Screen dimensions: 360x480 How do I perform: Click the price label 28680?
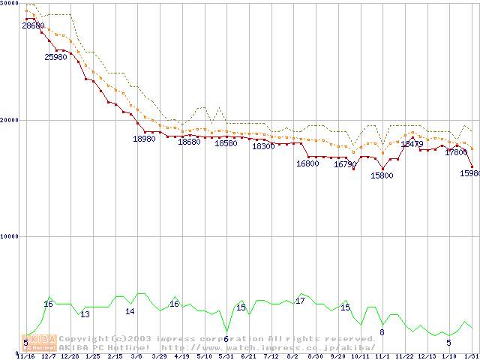click(33, 25)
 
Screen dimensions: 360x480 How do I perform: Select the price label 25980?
click(56, 57)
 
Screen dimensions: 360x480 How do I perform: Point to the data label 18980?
click(144, 139)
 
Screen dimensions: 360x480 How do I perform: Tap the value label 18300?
click(263, 147)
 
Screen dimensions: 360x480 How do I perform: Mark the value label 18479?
click(412, 144)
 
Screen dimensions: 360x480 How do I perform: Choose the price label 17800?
click(456, 152)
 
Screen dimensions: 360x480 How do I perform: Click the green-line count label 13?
click(85, 314)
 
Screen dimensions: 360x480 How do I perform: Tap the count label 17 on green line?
click(300, 301)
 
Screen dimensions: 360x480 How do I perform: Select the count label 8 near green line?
click(382, 332)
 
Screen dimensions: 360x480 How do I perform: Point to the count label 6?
click(226, 339)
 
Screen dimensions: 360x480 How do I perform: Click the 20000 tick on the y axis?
click(9, 120)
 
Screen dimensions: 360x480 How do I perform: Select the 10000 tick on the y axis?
click(9, 236)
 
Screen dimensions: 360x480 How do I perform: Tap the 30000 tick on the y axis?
click(9, 4)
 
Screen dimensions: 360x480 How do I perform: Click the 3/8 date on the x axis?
click(136, 356)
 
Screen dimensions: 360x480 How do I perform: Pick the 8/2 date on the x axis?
click(293, 356)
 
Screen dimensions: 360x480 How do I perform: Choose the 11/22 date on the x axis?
click(405, 356)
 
